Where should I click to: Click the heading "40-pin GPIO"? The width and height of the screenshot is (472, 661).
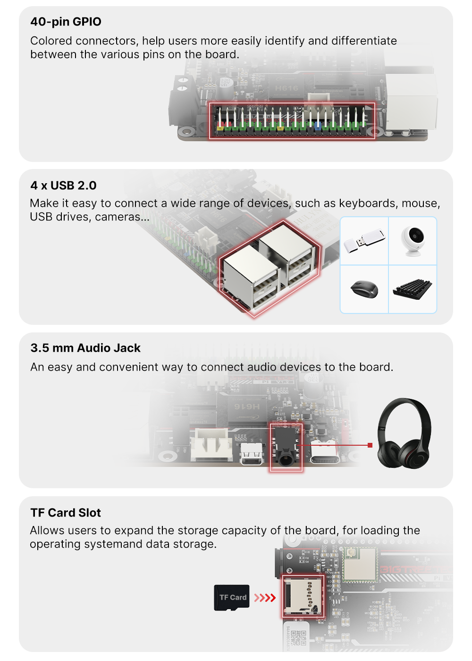(66, 22)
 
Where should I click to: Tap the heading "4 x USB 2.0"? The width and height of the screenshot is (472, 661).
(63, 185)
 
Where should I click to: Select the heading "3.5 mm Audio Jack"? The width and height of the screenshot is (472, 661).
(85, 348)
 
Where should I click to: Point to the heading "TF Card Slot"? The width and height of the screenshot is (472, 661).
(66, 513)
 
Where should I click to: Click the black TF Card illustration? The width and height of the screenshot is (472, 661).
(232, 598)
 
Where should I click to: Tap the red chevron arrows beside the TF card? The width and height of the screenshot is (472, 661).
(265, 598)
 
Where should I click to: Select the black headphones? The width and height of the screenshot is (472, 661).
(404, 433)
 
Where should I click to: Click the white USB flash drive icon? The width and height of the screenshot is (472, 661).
(364, 240)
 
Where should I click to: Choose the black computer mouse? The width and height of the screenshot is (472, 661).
(364, 289)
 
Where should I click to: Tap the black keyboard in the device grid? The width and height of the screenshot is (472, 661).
(413, 289)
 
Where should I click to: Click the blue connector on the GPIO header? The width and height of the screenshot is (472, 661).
(318, 126)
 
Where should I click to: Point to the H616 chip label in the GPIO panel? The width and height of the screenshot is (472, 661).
(287, 88)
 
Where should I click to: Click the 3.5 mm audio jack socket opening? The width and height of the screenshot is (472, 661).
(286, 459)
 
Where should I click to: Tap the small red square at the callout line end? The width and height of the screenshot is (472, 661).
(370, 445)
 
